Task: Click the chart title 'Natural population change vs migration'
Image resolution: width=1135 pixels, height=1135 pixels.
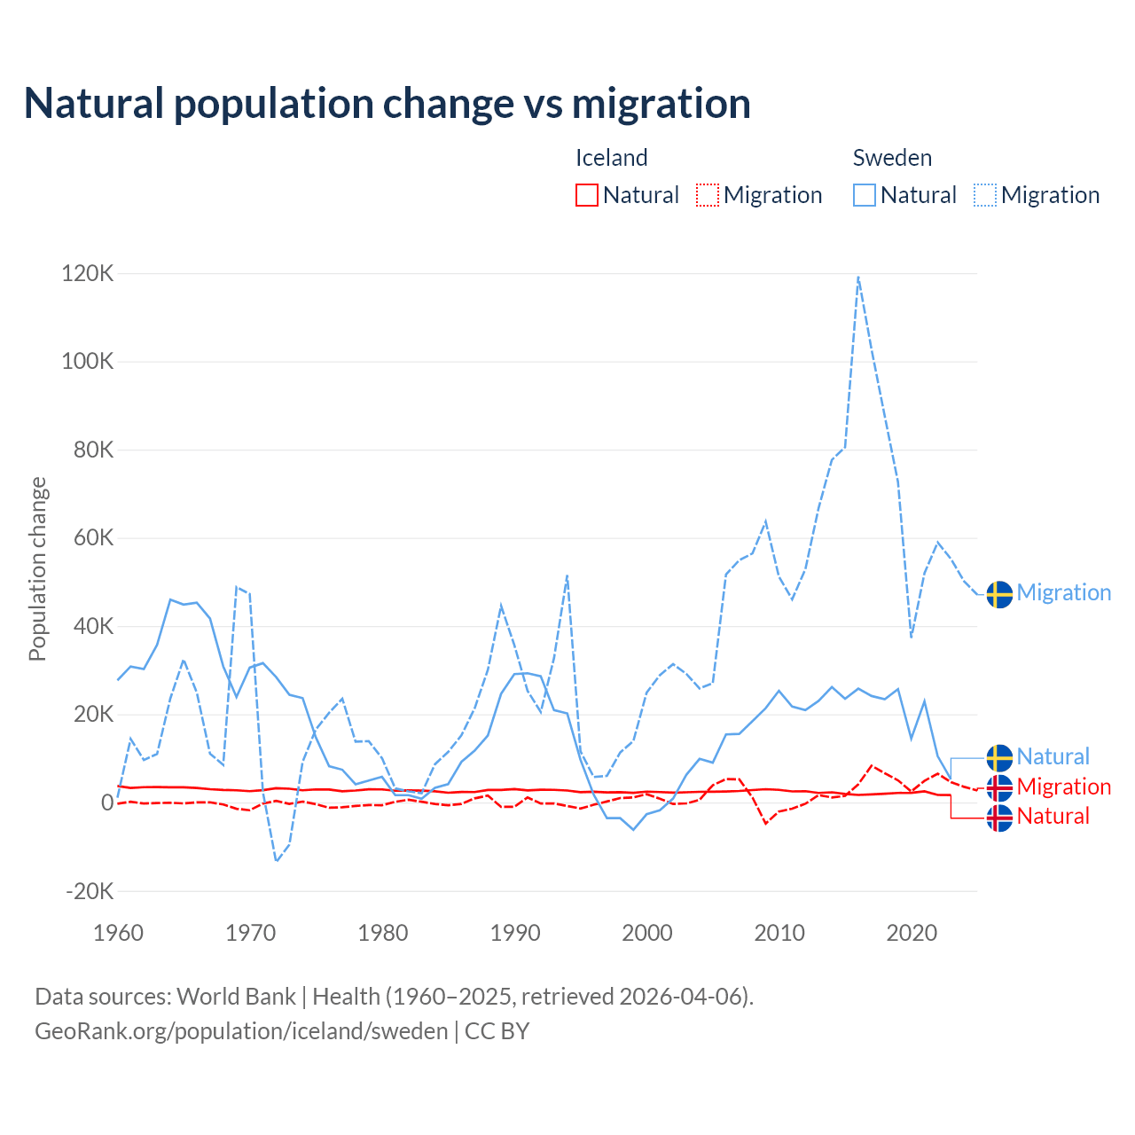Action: coord(387,104)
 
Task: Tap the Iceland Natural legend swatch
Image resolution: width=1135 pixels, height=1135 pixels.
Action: coord(587,195)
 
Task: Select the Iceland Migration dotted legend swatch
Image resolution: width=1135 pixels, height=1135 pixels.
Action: coord(708,195)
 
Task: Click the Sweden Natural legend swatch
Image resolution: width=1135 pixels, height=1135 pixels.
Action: coord(865,195)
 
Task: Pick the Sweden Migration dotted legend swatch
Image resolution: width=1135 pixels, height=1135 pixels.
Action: coord(985,195)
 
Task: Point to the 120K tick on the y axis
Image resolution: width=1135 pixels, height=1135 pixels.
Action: coord(88,273)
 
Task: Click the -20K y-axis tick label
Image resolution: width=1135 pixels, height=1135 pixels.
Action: coord(90,891)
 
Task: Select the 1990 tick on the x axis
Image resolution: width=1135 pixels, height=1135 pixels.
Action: coord(515,933)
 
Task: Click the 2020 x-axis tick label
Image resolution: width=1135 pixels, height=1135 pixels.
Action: coord(912,933)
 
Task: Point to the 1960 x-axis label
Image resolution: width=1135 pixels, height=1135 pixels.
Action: coord(118,933)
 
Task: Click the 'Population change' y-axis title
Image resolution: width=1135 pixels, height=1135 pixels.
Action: coord(37,568)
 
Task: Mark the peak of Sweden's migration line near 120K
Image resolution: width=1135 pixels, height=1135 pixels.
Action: coord(858,277)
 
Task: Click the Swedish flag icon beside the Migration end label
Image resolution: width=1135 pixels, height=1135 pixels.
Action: coord(999,594)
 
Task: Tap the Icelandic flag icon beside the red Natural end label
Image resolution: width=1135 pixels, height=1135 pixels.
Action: coord(999,818)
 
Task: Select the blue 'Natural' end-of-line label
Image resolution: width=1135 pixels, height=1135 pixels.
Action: coord(1053,757)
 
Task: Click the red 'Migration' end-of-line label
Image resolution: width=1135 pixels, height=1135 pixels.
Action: coord(1063,787)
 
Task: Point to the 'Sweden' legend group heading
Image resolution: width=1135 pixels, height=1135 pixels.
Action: coord(892,158)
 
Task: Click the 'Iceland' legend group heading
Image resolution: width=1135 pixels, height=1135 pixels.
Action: coord(612,158)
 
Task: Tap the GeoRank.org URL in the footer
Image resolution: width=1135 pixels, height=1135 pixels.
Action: coord(241,1031)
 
